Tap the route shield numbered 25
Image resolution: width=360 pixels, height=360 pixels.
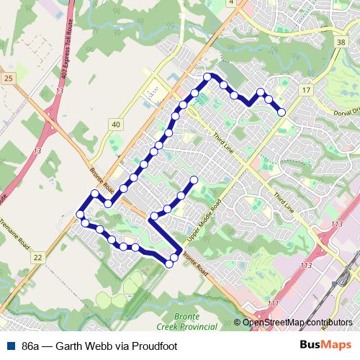[9, 78]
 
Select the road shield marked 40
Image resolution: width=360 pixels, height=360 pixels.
[115, 125]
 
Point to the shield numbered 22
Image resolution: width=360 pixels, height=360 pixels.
[37, 256]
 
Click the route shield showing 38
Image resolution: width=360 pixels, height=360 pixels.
[340, 43]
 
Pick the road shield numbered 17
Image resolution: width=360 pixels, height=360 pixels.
[306, 89]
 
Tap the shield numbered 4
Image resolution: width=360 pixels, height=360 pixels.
[231, 3]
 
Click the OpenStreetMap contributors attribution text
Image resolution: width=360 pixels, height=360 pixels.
[297, 323]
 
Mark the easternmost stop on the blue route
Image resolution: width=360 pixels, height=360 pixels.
[282, 112]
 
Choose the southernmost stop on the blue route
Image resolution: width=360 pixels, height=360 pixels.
[169, 264]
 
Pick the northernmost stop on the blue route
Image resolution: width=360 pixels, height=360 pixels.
[207, 76]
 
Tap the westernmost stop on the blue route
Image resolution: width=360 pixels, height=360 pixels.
[79, 215]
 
